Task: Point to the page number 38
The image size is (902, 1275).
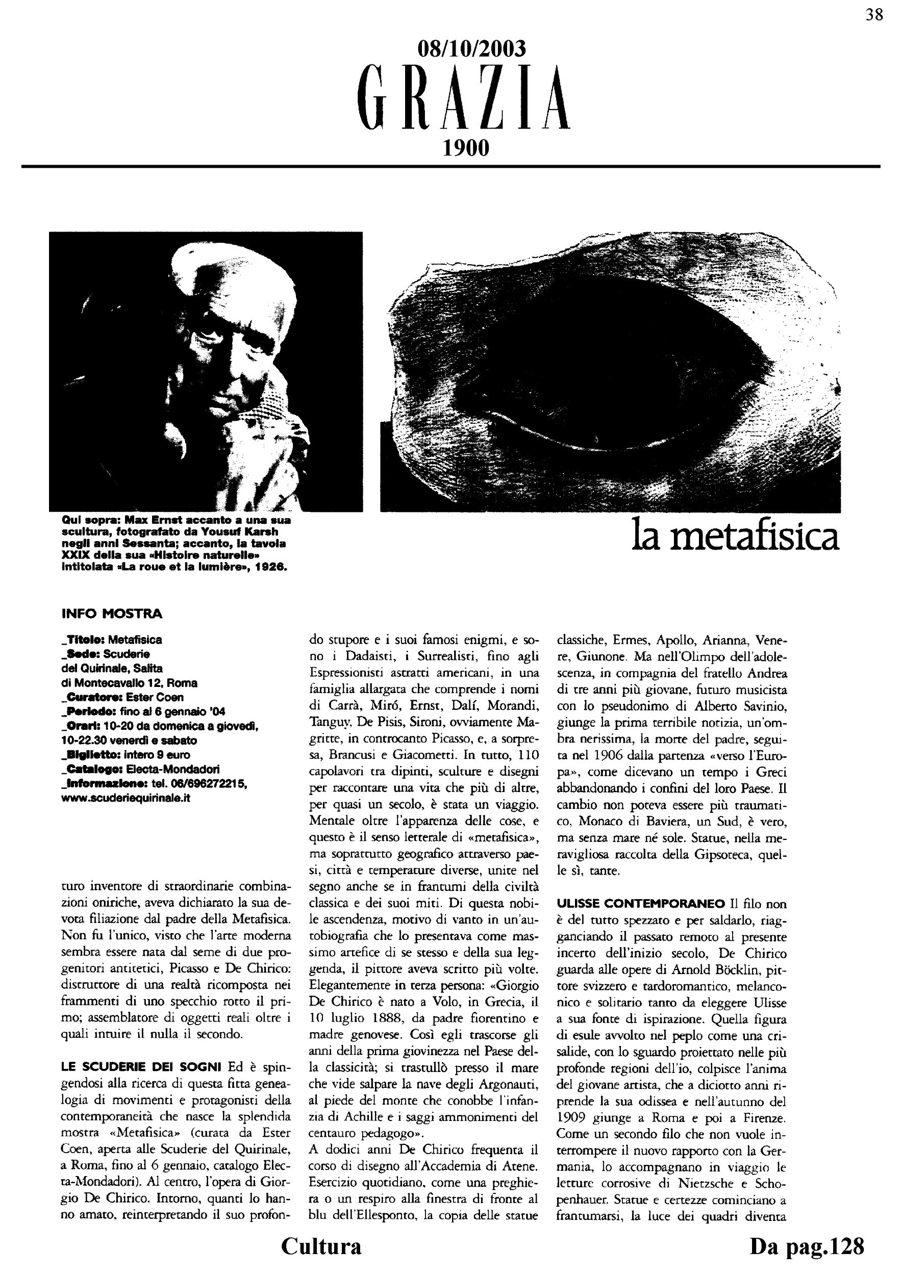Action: pyautogui.click(x=874, y=15)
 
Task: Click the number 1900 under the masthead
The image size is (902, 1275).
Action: pyautogui.click(x=465, y=148)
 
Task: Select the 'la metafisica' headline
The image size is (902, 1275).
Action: pyautogui.click(x=735, y=537)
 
